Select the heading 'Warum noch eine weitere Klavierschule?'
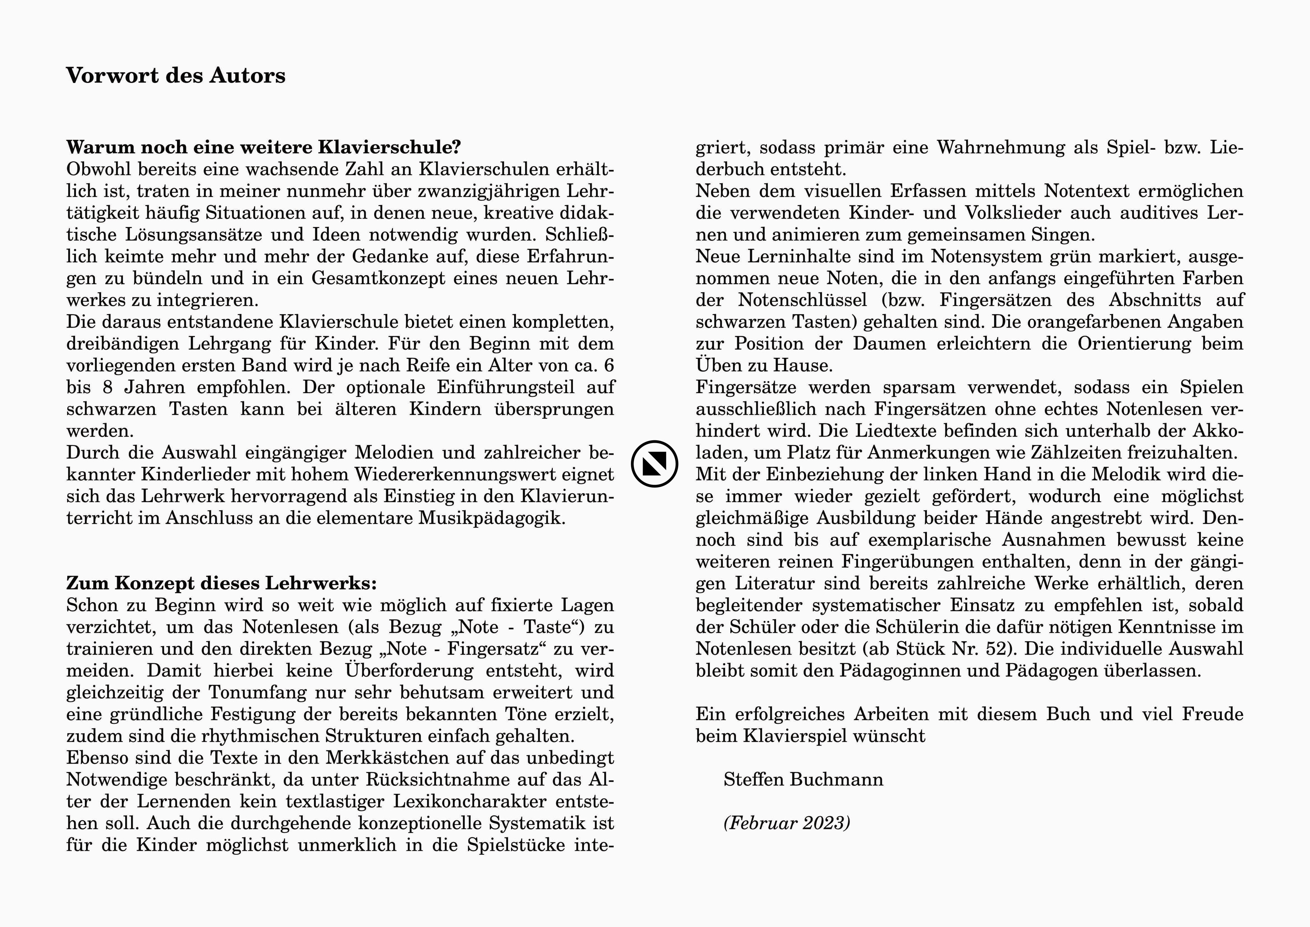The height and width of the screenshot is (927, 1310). click(x=264, y=147)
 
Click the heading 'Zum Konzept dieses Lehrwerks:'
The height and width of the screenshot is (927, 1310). click(x=221, y=583)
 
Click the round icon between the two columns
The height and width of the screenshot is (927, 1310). click(x=654, y=463)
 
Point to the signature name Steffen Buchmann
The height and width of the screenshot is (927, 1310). click(x=803, y=780)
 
